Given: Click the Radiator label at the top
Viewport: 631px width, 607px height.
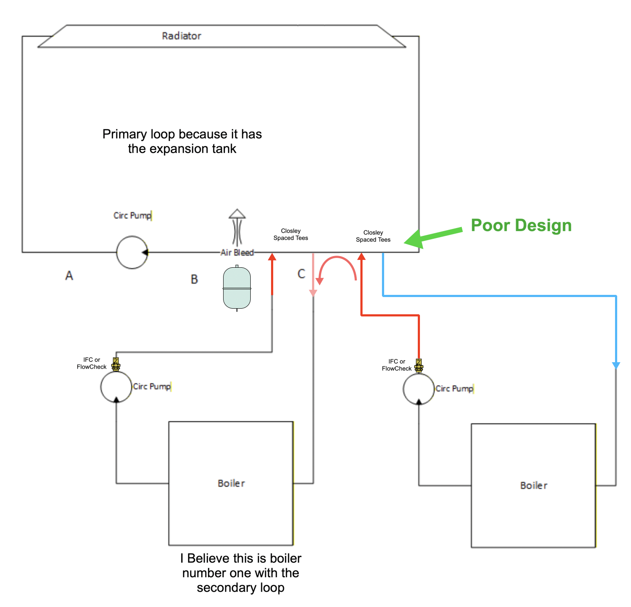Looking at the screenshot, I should click(x=181, y=36).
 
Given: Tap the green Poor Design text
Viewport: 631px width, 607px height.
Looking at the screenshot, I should click(x=521, y=225).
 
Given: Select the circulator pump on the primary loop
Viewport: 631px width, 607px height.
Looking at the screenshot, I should click(x=132, y=252).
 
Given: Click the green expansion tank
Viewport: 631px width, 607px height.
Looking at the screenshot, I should click(x=237, y=288).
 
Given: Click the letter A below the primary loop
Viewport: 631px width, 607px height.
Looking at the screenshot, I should click(x=69, y=275).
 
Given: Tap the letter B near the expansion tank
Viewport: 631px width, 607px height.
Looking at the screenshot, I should click(x=194, y=279).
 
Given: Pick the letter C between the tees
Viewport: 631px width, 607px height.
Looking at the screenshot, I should click(x=301, y=274).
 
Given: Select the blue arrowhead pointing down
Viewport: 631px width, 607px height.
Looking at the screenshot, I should click(x=616, y=365).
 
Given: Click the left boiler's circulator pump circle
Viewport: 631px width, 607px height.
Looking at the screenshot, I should click(x=116, y=387).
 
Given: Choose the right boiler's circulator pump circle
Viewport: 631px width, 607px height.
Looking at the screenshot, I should click(x=419, y=389).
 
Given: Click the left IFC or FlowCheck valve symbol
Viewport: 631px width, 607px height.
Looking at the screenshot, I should click(x=116, y=364).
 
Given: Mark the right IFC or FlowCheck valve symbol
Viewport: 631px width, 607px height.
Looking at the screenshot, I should click(x=419, y=366).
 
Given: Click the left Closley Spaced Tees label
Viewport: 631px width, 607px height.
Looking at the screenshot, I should click(x=290, y=235).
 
